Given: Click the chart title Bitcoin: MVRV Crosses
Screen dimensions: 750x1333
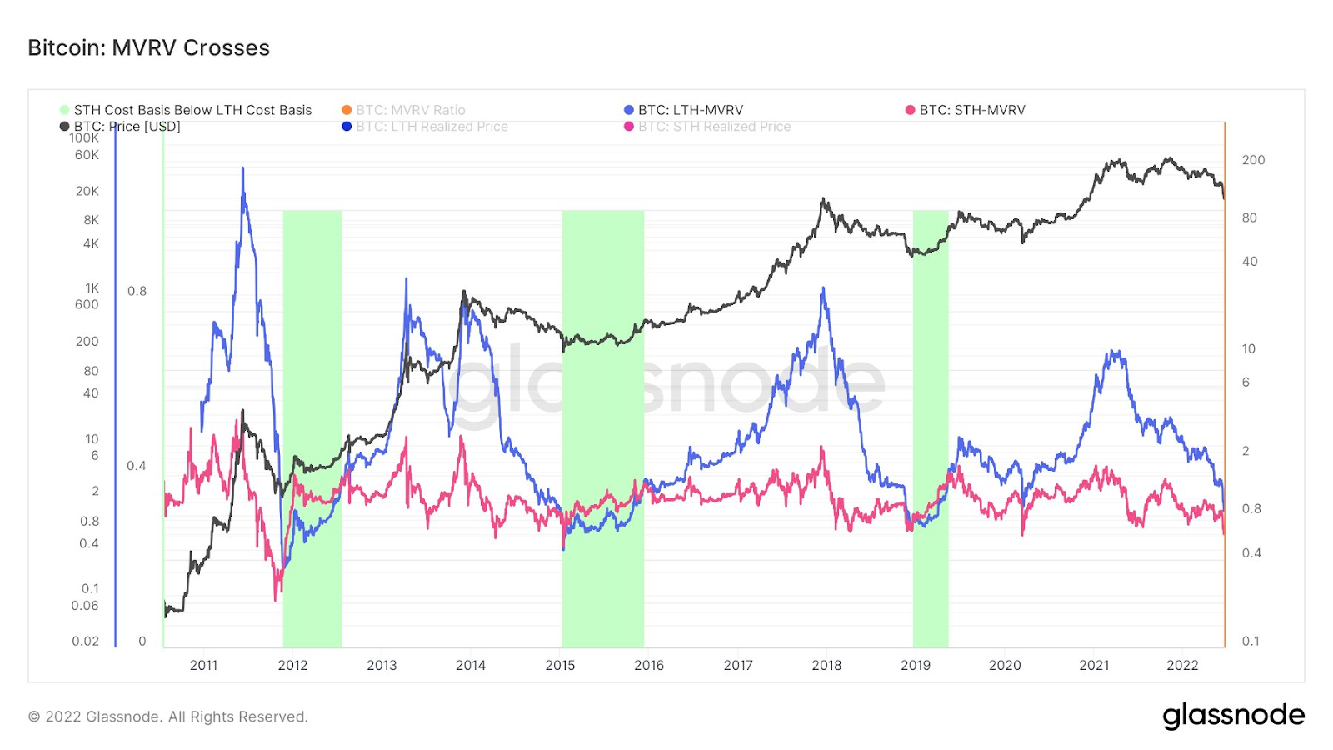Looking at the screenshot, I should pyautogui.click(x=148, y=48).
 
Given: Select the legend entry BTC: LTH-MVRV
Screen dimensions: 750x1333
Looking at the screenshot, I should pyautogui.click(x=690, y=110).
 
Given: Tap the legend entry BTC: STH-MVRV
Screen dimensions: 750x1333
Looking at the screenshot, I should pyautogui.click(x=971, y=110).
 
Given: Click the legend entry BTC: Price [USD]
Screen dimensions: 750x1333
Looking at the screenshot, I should pyautogui.click(x=127, y=127).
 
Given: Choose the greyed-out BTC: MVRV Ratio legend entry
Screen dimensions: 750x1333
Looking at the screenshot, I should pyautogui.click(x=410, y=110).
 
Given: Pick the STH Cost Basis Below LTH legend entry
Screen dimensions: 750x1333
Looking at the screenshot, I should pyautogui.click(x=192, y=110).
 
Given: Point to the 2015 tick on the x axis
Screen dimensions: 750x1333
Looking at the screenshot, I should pyautogui.click(x=560, y=665).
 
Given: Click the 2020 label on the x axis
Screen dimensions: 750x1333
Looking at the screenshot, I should pyautogui.click(x=1005, y=665).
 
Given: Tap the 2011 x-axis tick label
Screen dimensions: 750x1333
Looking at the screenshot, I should pyautogui.click(x=203, y=665).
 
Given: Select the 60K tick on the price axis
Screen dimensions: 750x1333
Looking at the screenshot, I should pyautogui.click(x=87, y=155).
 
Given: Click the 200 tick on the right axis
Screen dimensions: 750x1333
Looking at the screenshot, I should pyautogui.click(x=1253, y=160).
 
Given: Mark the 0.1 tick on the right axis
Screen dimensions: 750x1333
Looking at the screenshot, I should pyautogui.click(x=1251, y=641).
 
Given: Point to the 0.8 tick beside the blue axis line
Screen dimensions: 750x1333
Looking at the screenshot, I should pyautogui.click(x=137, y=291).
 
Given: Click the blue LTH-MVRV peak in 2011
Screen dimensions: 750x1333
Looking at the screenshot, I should pyautogui.click(x=242, y=169).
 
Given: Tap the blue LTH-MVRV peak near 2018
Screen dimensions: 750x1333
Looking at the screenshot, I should pyautogui.click(x=823, y=289).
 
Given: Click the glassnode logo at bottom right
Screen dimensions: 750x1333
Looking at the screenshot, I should pyautogui.click(x=1233, y=716).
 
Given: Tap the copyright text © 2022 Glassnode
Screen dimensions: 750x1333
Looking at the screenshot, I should pyautogui.click(x=168, y=717).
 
